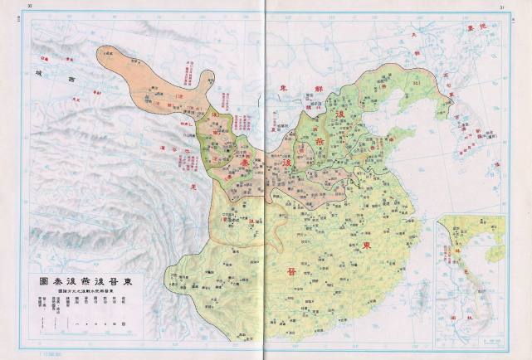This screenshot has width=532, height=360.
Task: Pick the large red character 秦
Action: coord(246,166)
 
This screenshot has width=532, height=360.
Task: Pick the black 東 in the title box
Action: coord(137,280)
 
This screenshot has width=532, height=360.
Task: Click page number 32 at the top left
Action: coord(31,7)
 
